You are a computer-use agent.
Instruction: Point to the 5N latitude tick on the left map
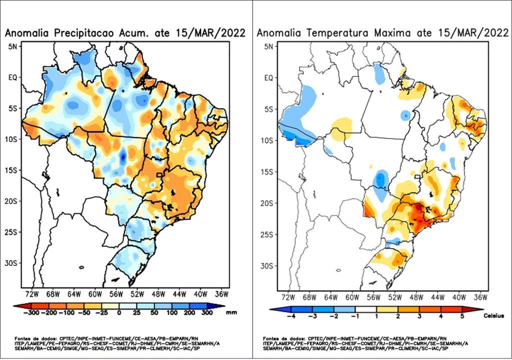pos(12,46)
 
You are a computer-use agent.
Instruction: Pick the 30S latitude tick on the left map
pos(11,263)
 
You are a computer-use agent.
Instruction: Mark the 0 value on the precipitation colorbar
pos(119,312)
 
